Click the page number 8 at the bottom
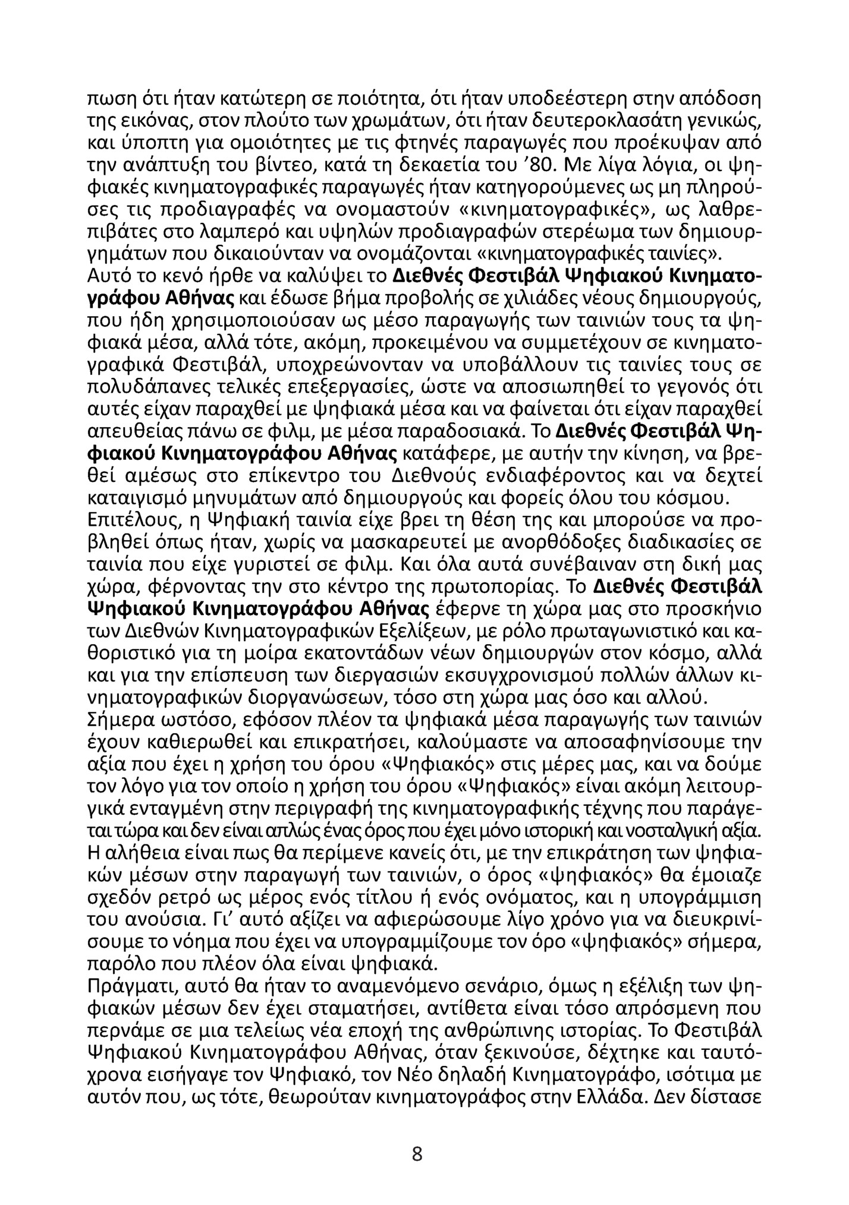tap(417, 1154)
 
